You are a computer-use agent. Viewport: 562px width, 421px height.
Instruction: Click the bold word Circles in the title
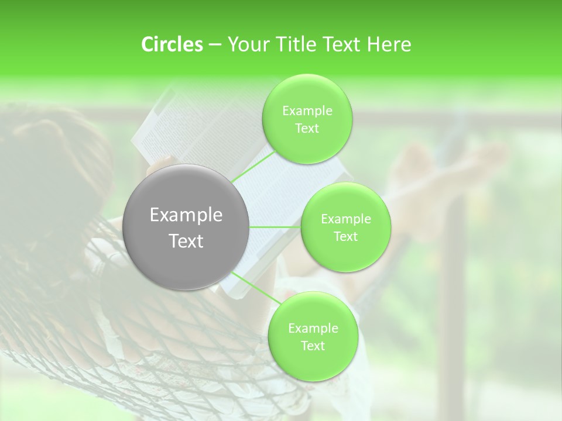[172, 44]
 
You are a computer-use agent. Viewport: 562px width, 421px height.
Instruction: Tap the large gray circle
[186, 227]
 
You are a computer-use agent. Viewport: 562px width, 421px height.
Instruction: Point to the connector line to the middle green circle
[275, 227]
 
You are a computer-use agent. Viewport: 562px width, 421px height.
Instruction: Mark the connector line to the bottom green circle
[252, 287]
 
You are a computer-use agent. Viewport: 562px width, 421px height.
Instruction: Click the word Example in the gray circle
[186, 215]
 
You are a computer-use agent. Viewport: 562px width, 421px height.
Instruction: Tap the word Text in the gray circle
[186, 241]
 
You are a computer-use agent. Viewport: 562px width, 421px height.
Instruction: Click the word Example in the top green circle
[307, 111]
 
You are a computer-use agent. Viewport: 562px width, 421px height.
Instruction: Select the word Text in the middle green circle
[345, 236]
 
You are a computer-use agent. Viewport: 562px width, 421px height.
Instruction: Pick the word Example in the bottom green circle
[313, 329]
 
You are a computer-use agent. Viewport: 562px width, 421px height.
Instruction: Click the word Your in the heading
[245, 44]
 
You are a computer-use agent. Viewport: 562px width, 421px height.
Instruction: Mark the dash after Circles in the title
[214, 45]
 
